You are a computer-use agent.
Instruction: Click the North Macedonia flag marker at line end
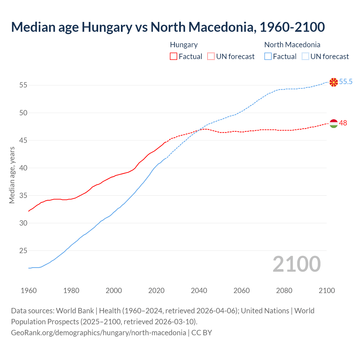tap(334, 82)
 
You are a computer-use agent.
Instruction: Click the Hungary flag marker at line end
tap(334, 123)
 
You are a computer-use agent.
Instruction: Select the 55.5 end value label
tap(346, 82)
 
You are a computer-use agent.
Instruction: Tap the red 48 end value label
tap(343, 123)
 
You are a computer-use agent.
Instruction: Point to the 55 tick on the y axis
tap(23, 85)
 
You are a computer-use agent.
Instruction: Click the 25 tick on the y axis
tap(23, 250)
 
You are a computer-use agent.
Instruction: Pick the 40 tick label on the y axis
tap(23, 168)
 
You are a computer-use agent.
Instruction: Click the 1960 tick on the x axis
tap(29, 291)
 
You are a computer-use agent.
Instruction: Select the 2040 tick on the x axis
tap(199, 291)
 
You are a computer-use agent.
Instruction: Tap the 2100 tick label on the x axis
tap(327, 291)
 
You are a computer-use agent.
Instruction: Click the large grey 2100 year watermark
tap(296, 264)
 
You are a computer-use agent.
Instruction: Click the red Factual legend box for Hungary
tap(174, 57)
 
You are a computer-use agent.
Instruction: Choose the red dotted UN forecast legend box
tap(211, 57)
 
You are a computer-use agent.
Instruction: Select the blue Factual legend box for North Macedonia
tap(268, 57)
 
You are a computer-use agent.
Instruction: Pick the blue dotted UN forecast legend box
tap(305, 57)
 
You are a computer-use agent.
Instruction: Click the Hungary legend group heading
tap(184, 45)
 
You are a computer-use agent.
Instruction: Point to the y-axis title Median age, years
tap(12, 175)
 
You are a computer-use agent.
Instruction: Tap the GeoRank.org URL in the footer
tap(98, 333)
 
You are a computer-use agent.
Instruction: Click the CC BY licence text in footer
tap(202, 333)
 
